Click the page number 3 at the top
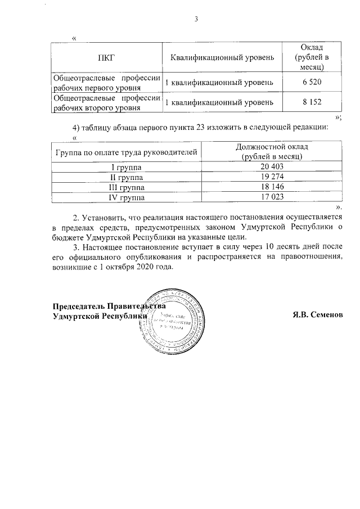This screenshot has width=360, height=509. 196,20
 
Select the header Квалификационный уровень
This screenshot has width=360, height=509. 222,57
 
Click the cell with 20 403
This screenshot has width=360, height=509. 272,167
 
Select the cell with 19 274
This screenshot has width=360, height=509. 272,177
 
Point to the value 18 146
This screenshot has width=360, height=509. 272,187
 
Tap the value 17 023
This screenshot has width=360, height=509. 272,197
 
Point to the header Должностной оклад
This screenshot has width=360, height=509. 272,147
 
